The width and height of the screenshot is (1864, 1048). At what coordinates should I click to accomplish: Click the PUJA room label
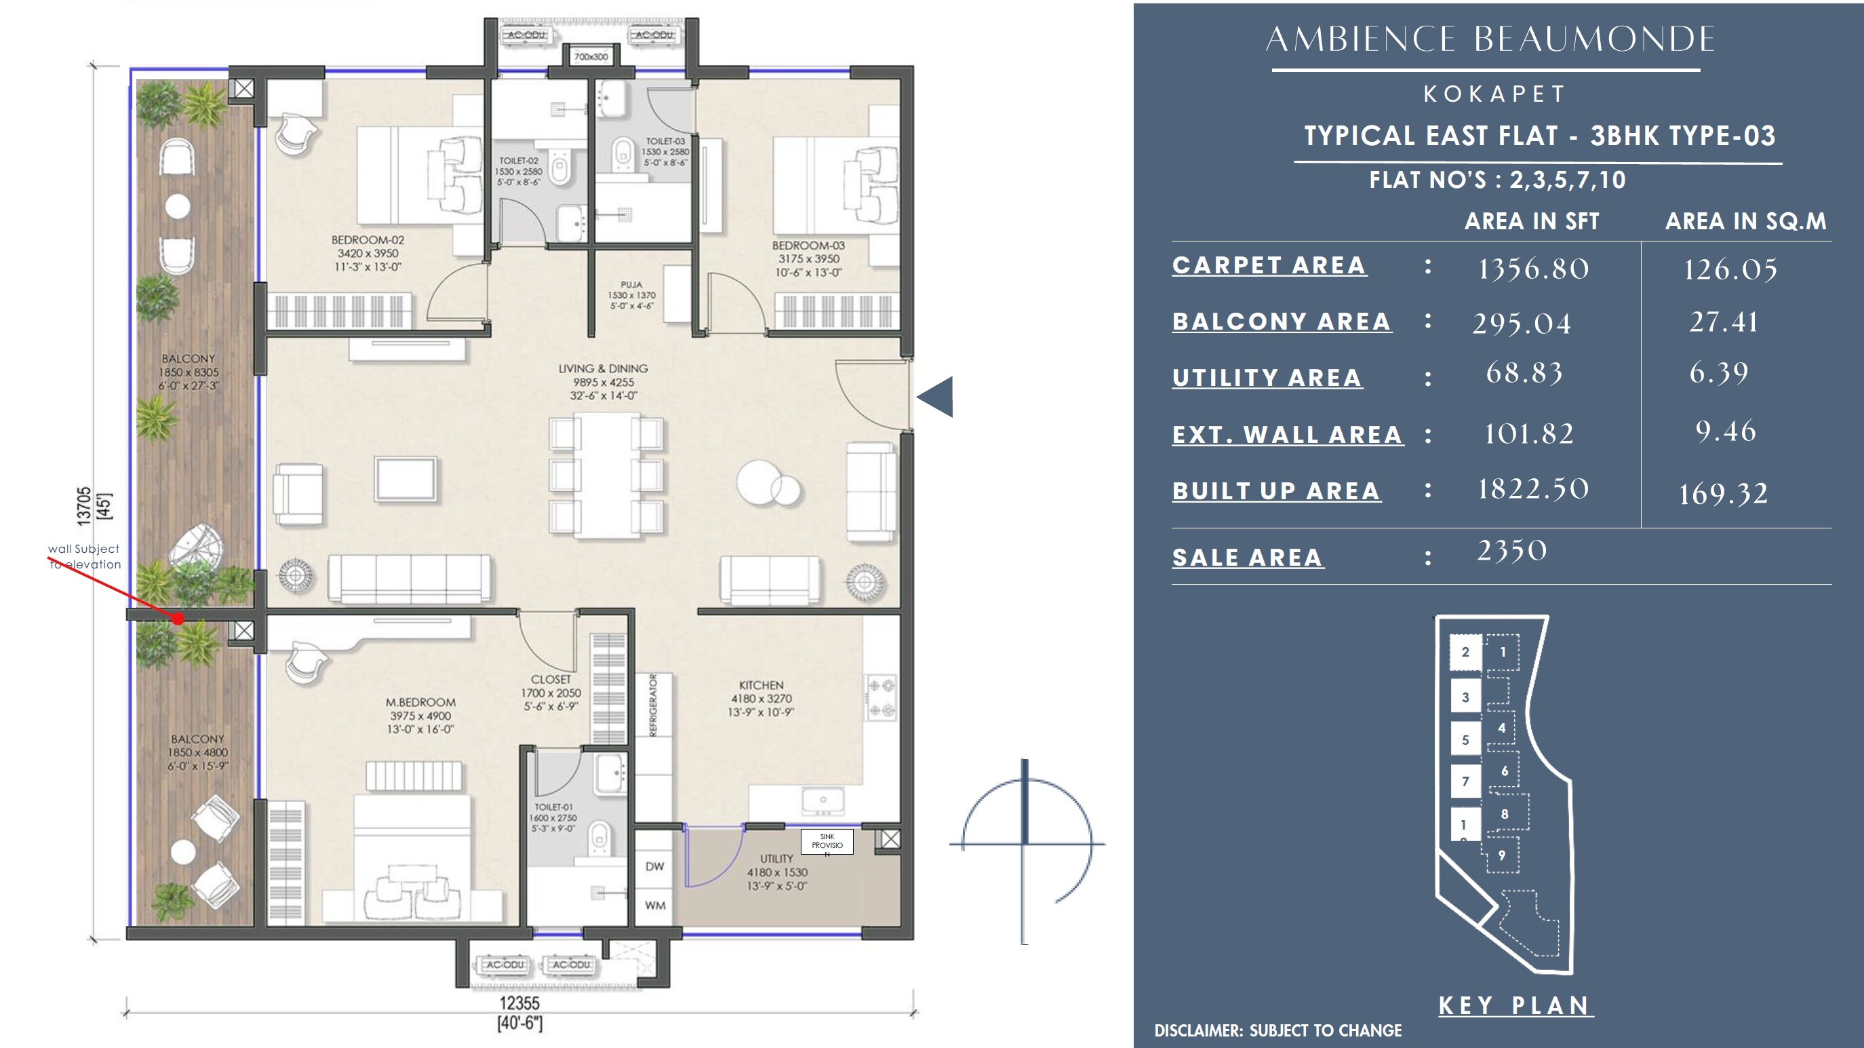(631, 285)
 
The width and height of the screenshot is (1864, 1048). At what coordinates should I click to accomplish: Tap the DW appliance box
(655, 866)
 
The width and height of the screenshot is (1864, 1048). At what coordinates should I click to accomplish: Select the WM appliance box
(655, 906)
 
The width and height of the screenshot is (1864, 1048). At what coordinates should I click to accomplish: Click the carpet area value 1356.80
(1532, 269)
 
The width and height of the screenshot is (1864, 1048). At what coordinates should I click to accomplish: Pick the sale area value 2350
(1511, 551)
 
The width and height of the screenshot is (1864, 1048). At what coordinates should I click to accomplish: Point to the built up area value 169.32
(1723, 494)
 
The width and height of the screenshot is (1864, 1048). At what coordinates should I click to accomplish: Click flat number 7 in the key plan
(1465, 781)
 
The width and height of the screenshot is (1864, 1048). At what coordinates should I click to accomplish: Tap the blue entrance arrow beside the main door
(936, 397)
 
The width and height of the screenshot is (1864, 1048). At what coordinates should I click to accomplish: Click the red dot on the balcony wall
(178, 619)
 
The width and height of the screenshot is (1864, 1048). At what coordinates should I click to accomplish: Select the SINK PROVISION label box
(827, 842)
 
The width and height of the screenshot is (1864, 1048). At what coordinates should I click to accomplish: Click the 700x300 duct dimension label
(591, 56)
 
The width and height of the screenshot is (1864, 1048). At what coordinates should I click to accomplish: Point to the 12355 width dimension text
(519, 1003)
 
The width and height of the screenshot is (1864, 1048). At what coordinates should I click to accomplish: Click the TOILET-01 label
(553, 807)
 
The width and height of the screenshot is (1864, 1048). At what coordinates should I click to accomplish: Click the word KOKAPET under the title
(1494, 94)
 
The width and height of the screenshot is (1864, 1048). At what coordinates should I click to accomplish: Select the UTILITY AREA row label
(1267, 378)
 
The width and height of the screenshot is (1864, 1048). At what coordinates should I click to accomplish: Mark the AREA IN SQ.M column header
(1745, 221)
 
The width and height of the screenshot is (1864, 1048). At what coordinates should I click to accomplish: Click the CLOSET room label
(551, 680)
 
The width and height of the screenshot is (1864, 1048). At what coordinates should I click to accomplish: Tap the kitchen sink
(822, 801)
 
